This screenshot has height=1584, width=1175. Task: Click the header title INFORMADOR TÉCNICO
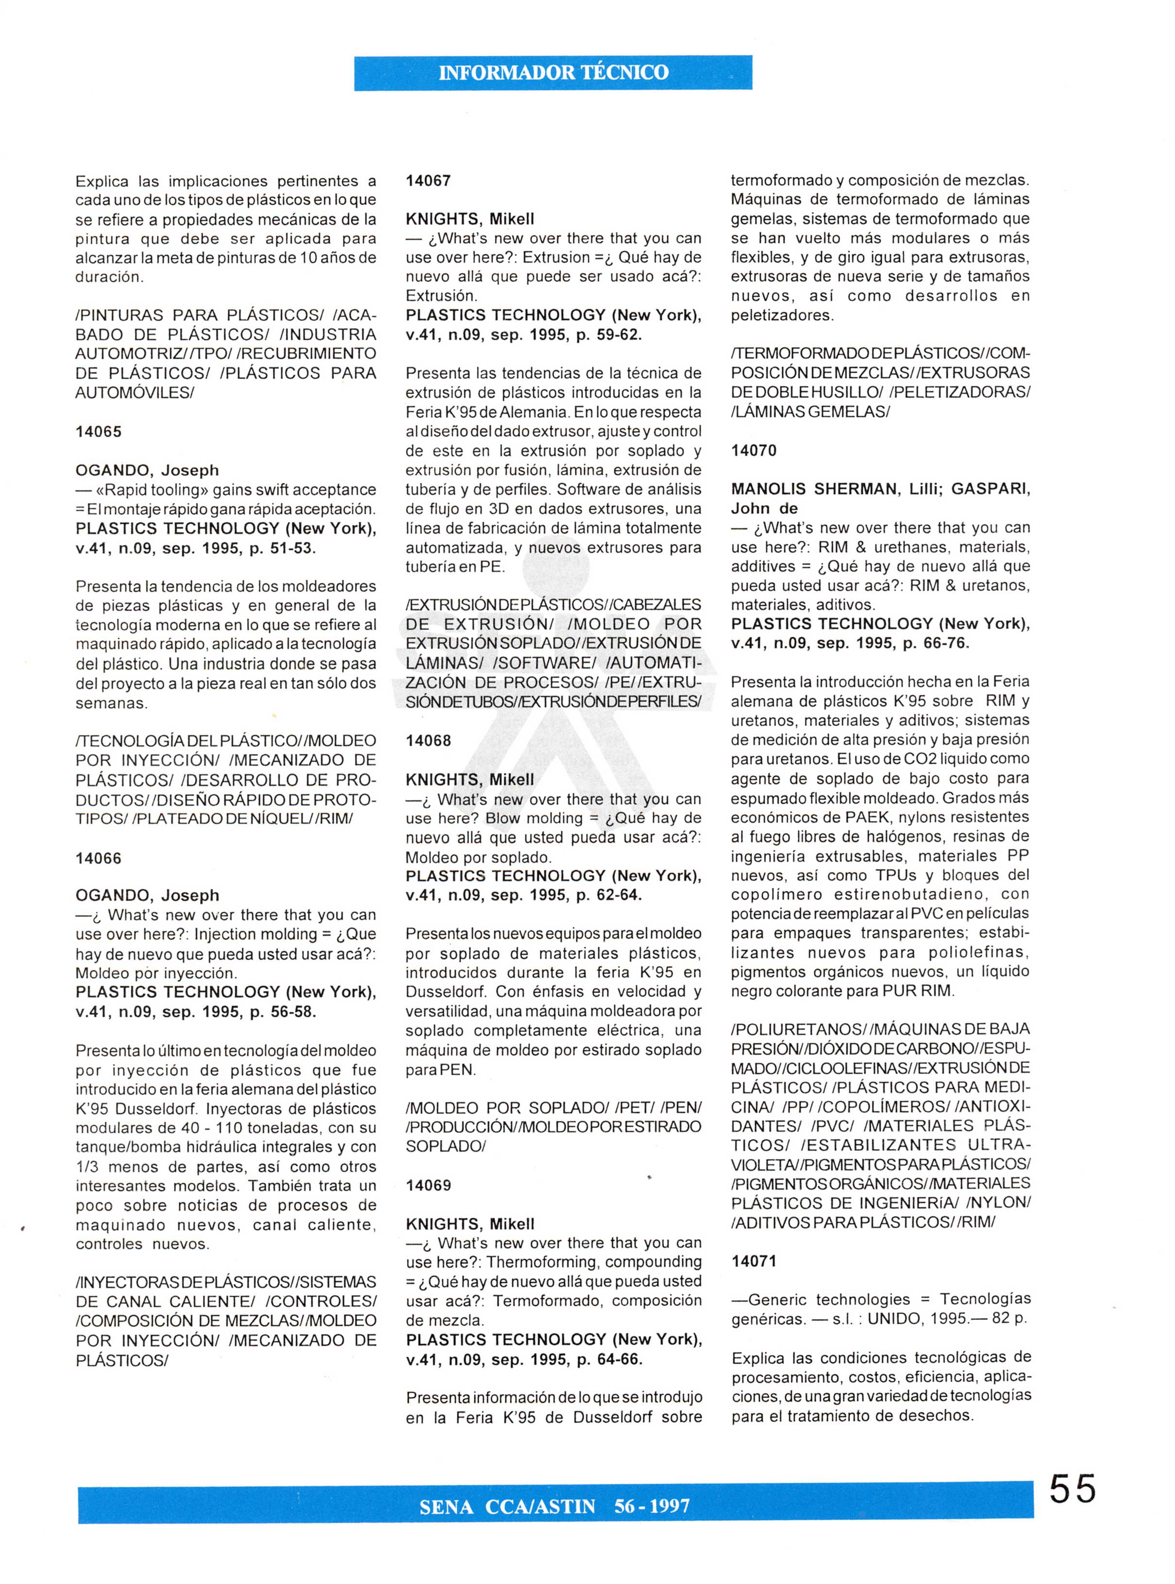554,72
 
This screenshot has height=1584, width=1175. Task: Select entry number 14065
99,432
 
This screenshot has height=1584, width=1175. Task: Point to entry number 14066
99,858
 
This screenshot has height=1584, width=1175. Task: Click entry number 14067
428,181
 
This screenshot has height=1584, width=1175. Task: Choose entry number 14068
428,740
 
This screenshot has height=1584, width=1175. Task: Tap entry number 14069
428,1185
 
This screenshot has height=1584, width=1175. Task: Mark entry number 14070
754,450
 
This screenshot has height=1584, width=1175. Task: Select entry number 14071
754,1261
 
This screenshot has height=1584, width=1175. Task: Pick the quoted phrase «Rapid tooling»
151,489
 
